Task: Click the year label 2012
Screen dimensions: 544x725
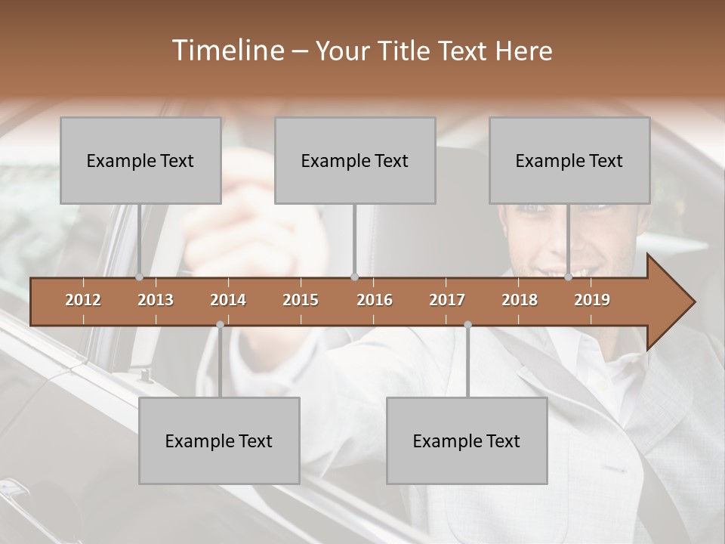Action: pyautogui.click(x=83, y=300)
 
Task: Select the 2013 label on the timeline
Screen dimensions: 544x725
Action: pyautogui.click(x=156, y=300)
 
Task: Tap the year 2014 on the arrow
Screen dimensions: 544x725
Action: pyautogui.click(x=228, y=300)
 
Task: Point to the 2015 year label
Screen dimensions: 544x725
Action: pyautogui.click(x=301, y=300)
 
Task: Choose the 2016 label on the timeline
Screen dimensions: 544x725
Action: pyautogui.click(x=375, y=300)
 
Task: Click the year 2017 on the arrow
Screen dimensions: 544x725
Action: pyautogui.click(x=447, y=300)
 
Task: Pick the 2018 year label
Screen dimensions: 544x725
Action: pyautogui.click(x=520, y=300)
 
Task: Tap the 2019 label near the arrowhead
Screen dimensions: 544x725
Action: pyautogui.click(x=592, y=300)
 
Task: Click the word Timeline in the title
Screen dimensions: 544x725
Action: pyautogui.click(x=227, y=51)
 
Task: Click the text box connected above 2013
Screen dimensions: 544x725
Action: pyautogui.click(x=140, y=160)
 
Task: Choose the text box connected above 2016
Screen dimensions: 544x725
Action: pyautogui.click(x=355, y=160)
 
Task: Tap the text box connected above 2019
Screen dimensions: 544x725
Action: pyautogui.click(x=569, y=160)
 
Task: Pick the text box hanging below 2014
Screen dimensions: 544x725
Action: pyautogui.click(x=219, y=440)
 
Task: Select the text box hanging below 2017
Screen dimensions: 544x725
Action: pyautogui.click(x=467, y=440)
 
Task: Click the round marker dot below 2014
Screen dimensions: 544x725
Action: pyautogui.click(x=220, y=324)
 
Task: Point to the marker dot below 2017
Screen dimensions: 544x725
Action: pyautogui.click(x=467, y=324)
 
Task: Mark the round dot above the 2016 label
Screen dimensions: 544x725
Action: pyautogui.click(x=354, y=277)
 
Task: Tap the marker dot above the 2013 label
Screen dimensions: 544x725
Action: pyautogui.click(x=140, y=277)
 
